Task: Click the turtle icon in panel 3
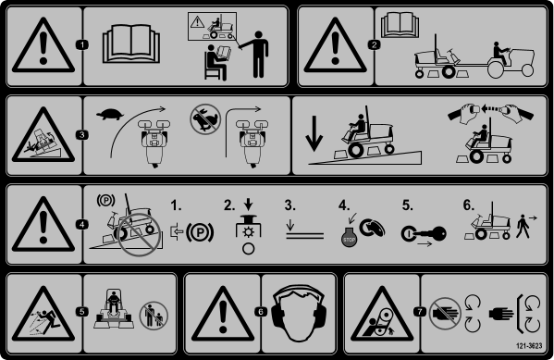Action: tap(110, 114)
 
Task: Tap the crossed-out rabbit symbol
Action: tap(205, 118)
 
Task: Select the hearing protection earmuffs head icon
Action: tap(299, 313)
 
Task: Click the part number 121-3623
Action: tap(529, 345)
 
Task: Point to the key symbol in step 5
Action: tap(424, 234)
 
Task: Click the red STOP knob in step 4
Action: tap(349, 237)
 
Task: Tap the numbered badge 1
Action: tap(82, 45)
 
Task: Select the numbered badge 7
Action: tap(420, 312)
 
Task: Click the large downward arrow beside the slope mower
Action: tap(314, 133)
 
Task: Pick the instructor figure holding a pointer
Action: tap(255, 54)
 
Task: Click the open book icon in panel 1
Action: tap(131, 43)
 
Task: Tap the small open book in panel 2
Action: tap(400, 24)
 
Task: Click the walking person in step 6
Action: tap(523, 227)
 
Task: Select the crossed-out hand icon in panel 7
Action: tap(445, 314)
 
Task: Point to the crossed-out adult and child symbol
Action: tap(154, 316)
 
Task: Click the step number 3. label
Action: tap(290, 205)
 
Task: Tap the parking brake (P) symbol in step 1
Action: tap(200, 232)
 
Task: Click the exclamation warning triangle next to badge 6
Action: tap(223, 314)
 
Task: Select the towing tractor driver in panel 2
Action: tap(500, 54)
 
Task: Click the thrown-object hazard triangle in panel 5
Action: tap(43, 314)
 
